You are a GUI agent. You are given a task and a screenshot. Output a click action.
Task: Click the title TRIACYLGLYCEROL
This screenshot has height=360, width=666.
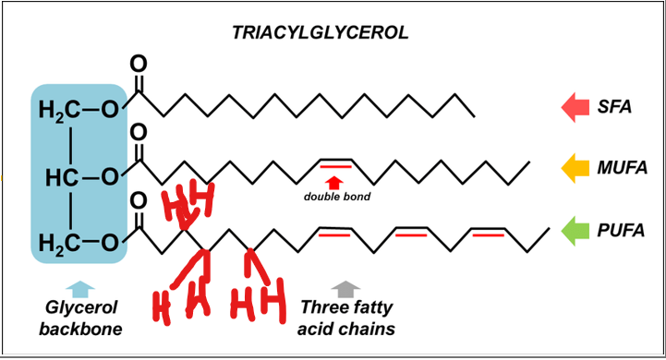click(320, 33)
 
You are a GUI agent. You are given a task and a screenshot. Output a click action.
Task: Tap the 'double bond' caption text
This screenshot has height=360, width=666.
click(336, 197)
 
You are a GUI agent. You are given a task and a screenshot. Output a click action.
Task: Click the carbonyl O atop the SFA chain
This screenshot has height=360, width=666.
click(139, 65)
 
